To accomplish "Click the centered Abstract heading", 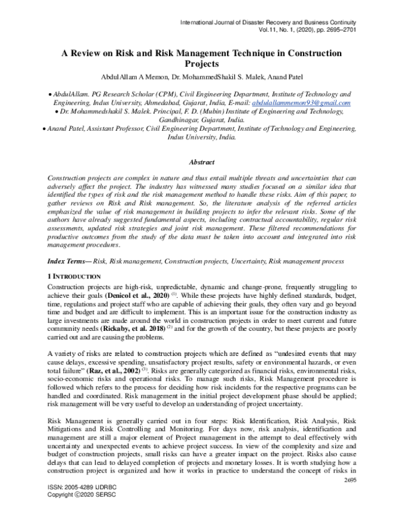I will coord(202,162).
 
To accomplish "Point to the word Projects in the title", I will coord(202,64).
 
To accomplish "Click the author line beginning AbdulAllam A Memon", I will coord(201,75).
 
